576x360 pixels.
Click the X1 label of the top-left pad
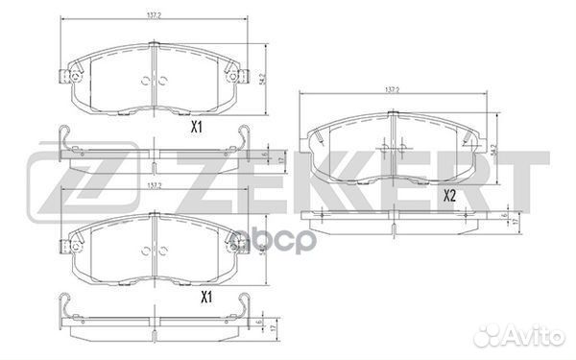click(x=196, y=125)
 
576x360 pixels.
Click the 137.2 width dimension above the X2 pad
click(x=392, y=89)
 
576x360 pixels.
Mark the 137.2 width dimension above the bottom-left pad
click(x=153, y=186)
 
